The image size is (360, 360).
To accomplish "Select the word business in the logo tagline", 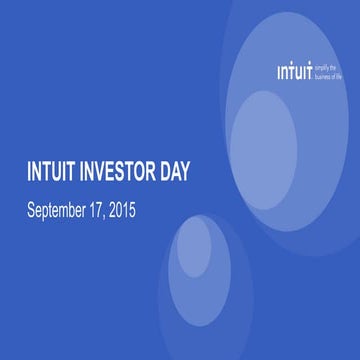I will click(324, 77).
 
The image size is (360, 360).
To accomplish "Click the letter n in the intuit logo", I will click(285, 73).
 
